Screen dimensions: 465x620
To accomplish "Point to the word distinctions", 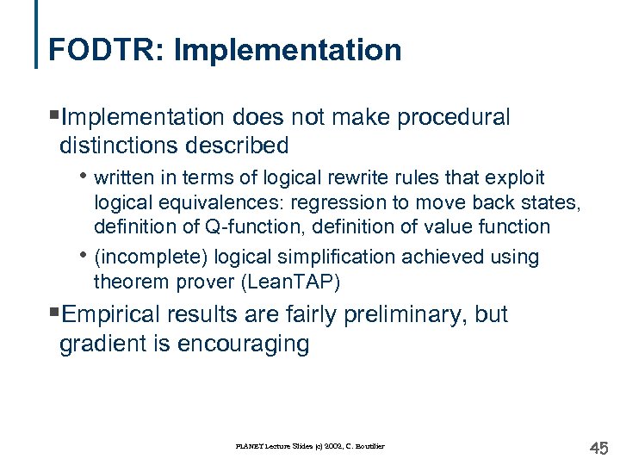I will pos(127,146).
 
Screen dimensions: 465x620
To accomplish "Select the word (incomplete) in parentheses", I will pos(151,257).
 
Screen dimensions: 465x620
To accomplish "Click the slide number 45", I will pos(598,448).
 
